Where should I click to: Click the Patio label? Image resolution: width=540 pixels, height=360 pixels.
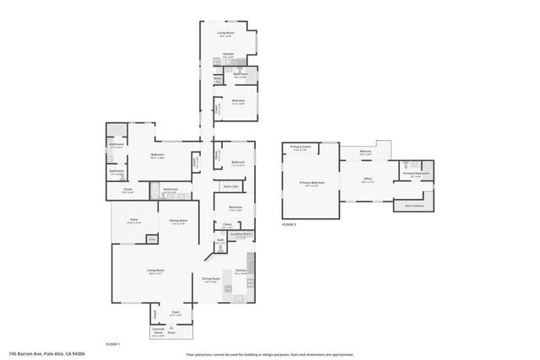[x=133, y=221]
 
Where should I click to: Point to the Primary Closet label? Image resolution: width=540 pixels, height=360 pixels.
[x=300, y=148]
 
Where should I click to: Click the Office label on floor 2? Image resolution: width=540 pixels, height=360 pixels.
[x=368, y=179]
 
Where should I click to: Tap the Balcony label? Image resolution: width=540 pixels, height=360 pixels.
[x=365, y=153]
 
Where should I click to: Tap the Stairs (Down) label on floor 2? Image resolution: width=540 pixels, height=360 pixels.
[x=414, y=205]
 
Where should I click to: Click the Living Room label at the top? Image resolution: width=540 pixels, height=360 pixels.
[x=226, y=34]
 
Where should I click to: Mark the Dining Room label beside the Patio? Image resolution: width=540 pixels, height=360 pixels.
[x=178, y=221]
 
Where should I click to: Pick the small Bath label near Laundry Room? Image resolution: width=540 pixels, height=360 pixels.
[x=220, y=242]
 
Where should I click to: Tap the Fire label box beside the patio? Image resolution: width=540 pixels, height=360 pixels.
[x=153, y=239]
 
